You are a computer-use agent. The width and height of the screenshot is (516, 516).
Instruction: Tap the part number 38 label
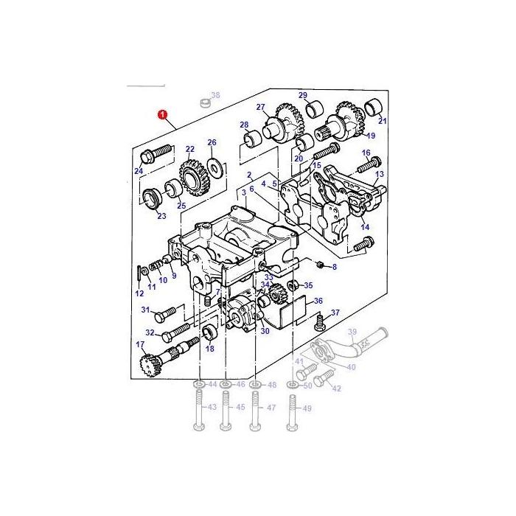coord(215,95)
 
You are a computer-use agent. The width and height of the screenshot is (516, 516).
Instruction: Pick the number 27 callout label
coord(260,108)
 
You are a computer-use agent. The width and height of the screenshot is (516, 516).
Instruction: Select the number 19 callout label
coord(371,136)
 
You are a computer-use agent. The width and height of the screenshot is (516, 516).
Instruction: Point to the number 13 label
coord(380,175)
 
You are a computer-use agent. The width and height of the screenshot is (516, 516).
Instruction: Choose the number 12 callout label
coord(139,293)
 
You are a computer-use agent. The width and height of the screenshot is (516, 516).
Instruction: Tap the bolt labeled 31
coord(168,310)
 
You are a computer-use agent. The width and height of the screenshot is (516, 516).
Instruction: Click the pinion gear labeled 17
coord(149,364)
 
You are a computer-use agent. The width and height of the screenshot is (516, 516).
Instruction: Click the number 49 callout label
coord(307,408)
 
